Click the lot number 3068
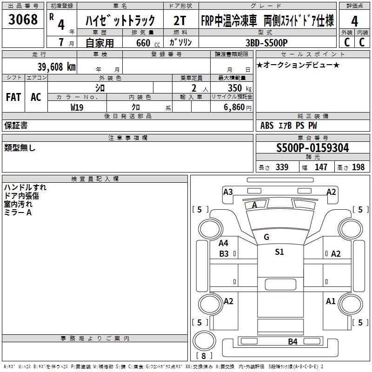[23, 19]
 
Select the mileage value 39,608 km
[57, 67]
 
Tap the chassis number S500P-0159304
[312, 148]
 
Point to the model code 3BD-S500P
[266, 43]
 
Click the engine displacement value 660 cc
[148, 43]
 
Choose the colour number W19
[77, 107]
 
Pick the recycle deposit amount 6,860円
[238, 107]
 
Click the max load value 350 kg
[239, 88]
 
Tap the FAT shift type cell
[13, 97]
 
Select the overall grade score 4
[354, 21]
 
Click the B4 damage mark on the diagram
[292, 342]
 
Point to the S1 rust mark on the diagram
[279, 252]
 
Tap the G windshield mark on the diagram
[266, 237]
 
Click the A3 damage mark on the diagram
[228, 192]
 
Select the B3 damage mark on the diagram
[224, 253]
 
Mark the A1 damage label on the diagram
[331, 301]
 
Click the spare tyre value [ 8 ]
[204, 356]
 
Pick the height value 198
[358, 167]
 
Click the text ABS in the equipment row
[267, 126]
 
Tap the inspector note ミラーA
[18, 213]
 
